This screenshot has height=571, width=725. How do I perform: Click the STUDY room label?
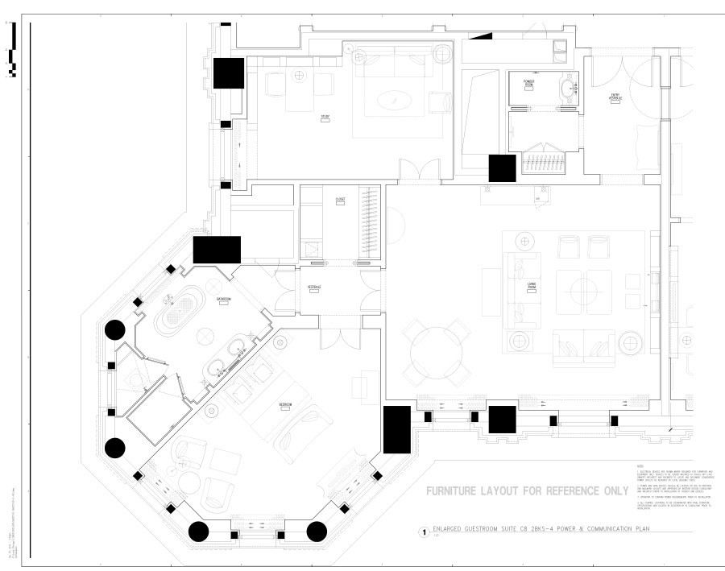coord(325,118)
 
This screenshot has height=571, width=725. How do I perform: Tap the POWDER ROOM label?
coord(529,83)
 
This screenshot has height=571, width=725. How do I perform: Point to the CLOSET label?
coord(340,199)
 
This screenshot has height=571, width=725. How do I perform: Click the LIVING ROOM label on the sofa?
coord(532,284)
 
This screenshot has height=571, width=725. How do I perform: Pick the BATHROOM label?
coord(223,300)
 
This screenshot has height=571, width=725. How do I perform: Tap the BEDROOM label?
coord(284,403)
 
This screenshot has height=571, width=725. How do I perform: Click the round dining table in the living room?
coord(438,352)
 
